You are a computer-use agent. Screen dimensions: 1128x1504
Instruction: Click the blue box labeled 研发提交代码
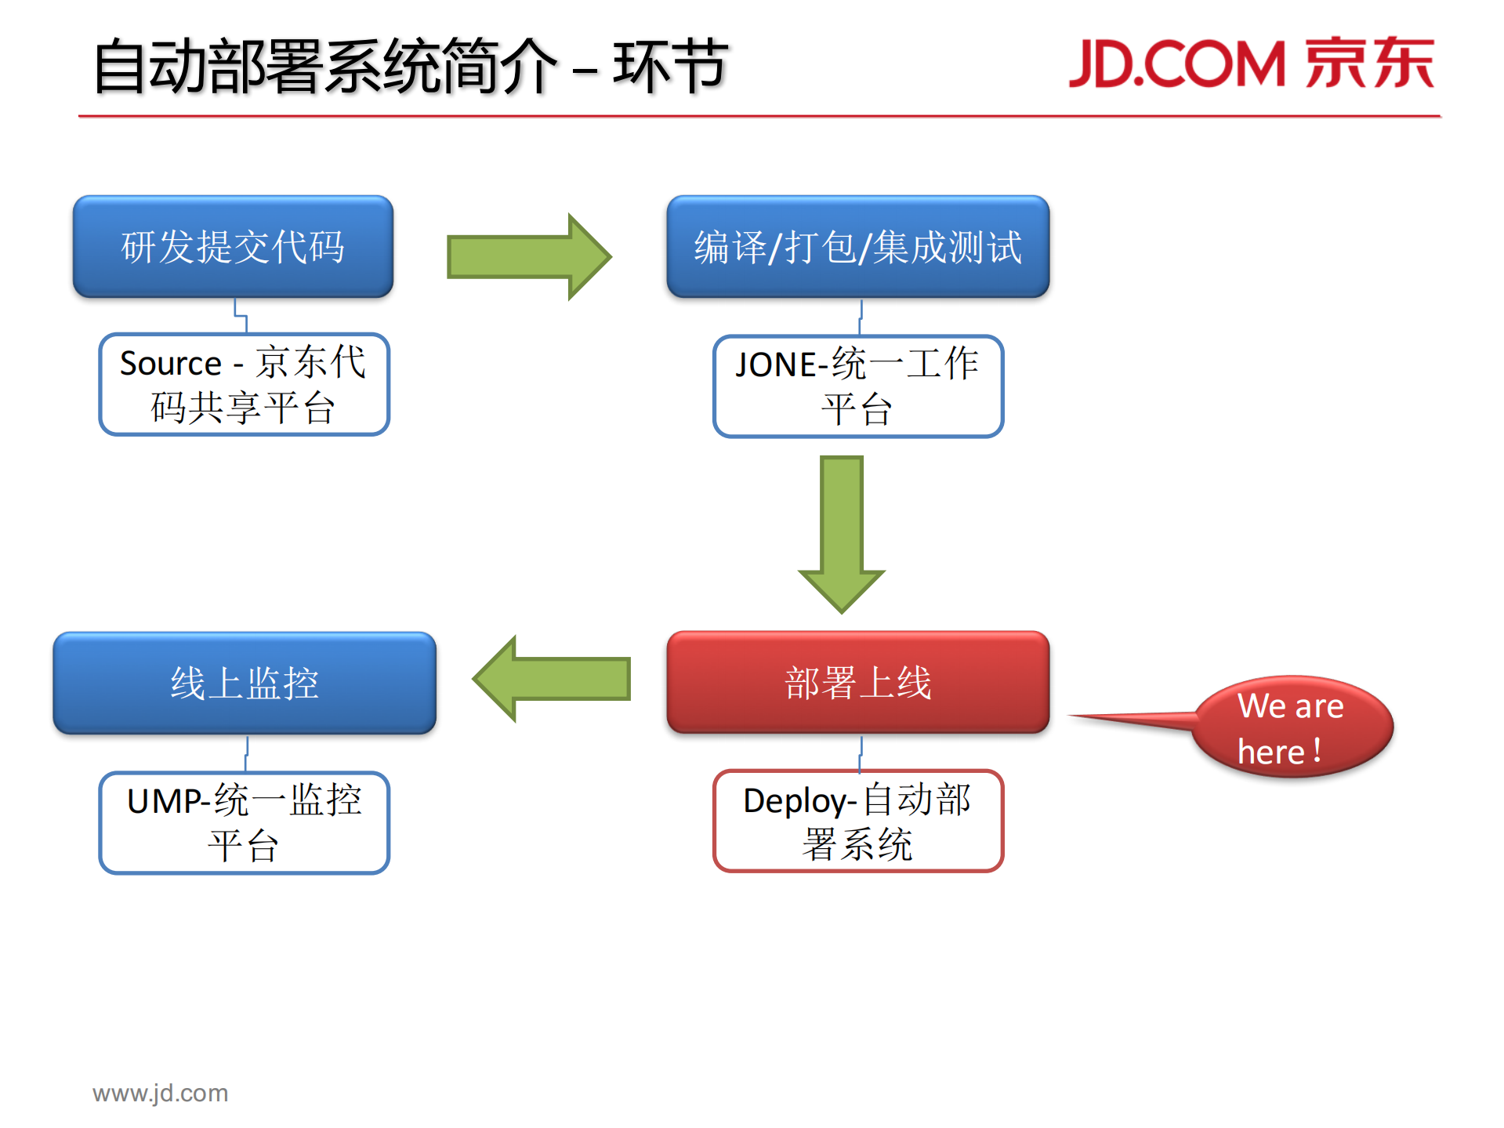coord(233,247)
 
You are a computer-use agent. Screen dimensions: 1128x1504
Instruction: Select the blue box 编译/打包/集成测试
coord(857,247)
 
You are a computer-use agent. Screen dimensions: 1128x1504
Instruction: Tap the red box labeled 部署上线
coord(857,683)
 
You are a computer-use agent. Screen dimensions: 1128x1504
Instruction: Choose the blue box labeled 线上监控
coord(245,683)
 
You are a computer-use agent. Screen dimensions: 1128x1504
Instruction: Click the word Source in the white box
coord(171,364)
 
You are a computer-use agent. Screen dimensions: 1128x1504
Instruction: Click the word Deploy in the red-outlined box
coord(795,801)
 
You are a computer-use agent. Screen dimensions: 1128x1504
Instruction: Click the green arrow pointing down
coord(842,533)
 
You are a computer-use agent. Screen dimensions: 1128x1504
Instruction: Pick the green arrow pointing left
coord(553,679)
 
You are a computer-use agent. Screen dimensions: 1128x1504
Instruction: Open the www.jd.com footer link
coord(160,1093)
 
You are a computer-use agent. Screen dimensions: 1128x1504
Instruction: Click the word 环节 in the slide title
coord(670,66)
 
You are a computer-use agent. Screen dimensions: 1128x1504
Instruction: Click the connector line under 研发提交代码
coord(241,316)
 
